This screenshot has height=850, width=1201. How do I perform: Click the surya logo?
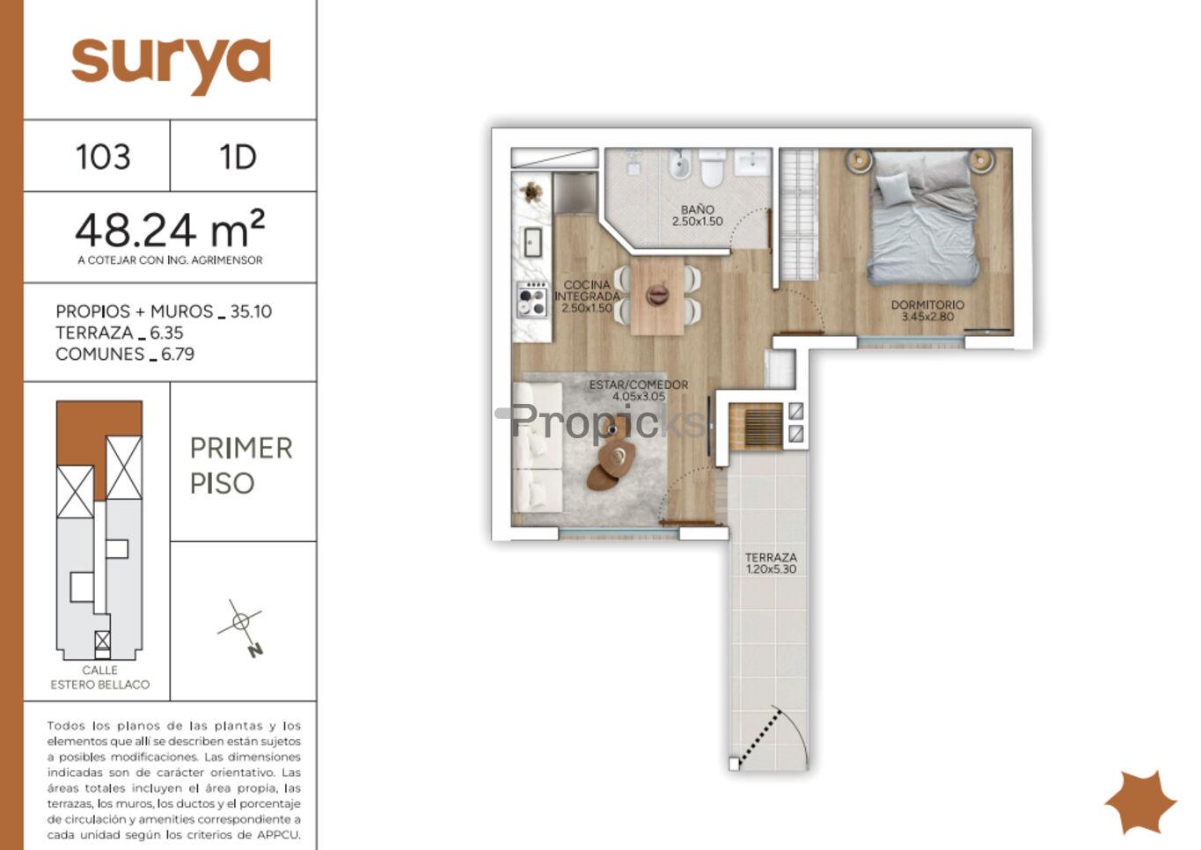pos(171,66)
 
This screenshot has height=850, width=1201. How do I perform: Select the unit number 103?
pos(103,158)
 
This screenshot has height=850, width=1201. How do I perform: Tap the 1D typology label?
pos(238,158)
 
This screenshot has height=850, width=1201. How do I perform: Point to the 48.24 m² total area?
pos(170,230)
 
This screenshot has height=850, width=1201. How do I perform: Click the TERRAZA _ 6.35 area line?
pos(120,333)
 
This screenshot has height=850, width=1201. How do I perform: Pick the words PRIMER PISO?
pos(241,465)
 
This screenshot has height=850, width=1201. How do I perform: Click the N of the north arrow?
pos(256,650)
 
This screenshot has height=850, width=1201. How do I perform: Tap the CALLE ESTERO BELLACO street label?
pos(100,678)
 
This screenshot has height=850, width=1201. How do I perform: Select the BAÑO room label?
pos(698,209)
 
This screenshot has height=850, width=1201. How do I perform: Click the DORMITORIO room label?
pos(927,305)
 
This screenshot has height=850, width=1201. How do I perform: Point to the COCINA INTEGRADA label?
pos(587,290)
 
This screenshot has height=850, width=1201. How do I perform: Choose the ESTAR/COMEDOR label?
pos(639,385)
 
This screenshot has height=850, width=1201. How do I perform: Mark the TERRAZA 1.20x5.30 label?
pos(771,563)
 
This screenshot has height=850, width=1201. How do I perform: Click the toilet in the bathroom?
pos(712,168)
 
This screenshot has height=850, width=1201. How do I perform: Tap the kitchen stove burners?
pos(532,299)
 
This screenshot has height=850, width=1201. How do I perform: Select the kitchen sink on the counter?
pos(532,242)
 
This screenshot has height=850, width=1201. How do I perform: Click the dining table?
pos(657,296)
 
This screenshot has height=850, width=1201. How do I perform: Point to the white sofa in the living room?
pos(538,447)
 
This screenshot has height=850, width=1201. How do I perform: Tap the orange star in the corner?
pos(1140,802)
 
